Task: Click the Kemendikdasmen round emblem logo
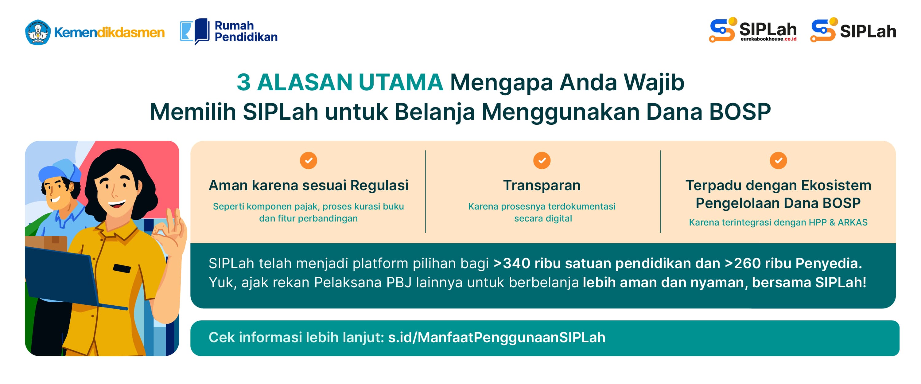38,32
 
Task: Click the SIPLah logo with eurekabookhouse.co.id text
753,30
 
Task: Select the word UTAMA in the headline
401,82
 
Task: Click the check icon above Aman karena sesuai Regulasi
309,160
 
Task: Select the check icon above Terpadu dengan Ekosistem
778,160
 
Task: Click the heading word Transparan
542,185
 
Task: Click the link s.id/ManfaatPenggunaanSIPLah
497,338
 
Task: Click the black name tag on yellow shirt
122,268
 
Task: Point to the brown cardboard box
46,243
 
